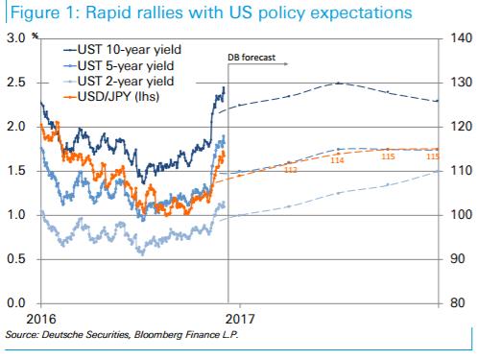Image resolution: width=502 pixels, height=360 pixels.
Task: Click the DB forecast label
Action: click(x=251, y=59)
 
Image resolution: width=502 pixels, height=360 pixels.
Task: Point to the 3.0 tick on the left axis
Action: click(x=15, y=37)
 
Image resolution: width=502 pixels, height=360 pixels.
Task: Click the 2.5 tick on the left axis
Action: click(x=15, y=82)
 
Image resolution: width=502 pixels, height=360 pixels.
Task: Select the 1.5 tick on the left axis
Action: click(x=15, y=170)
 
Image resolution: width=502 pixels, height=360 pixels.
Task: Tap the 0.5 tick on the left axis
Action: click(x=15, y=259)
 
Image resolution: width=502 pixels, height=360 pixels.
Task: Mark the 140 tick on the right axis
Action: click(x=457, y=37)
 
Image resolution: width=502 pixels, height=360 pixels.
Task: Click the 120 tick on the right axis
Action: click(x=457, y=126)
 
